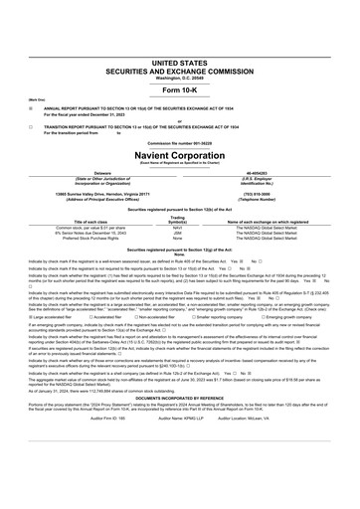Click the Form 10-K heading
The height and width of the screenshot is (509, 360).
click(180, 62)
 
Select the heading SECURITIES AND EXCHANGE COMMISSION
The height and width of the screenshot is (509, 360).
click(180, 41)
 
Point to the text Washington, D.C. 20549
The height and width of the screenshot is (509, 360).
click(180, 48)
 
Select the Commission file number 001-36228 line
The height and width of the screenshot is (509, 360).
click(180, 143)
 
